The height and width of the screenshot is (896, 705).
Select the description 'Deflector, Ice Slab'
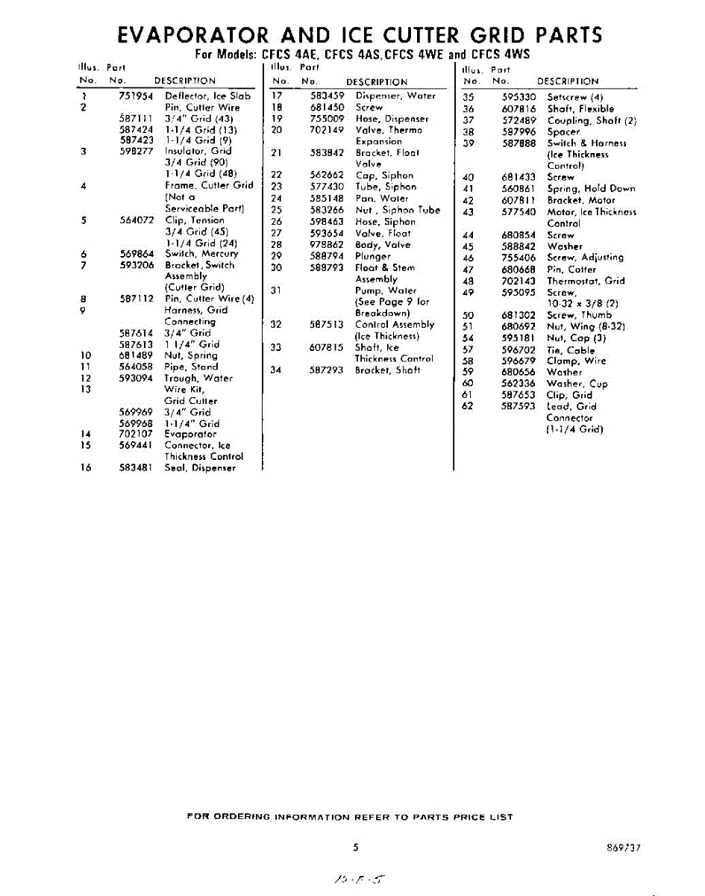tap(207, 96)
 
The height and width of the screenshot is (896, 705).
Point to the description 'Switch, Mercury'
tap(201, 254)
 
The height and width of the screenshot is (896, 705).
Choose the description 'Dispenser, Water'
tap(395, 96)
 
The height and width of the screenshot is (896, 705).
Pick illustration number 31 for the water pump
tap(276, 290)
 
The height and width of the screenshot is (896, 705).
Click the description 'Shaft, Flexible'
tap(580, 109)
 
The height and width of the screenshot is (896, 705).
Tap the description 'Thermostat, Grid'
tap(585, 281)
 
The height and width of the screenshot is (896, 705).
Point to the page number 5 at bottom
tap(357, 847)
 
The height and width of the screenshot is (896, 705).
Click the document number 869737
tap(624, 848)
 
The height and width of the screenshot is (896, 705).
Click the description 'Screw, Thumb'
tap(578, 316)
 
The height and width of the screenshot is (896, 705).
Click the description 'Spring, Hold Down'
tap(590, 189)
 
